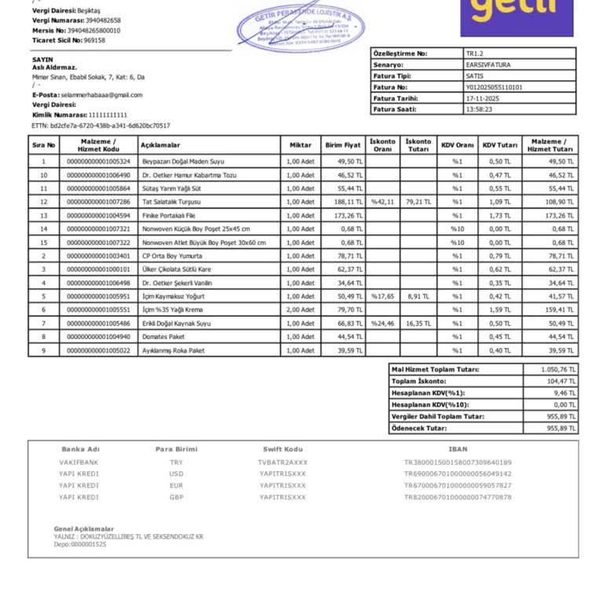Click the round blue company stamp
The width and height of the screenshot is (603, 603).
301,28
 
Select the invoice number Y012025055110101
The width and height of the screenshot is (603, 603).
494,87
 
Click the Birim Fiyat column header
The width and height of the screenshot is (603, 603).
342,145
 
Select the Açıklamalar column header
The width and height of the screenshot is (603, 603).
160,145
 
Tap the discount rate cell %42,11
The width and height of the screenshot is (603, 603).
382,202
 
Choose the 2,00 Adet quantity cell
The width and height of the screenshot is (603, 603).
300,309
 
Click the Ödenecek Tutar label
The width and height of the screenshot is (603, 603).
419,428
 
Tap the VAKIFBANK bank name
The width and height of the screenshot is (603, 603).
79,462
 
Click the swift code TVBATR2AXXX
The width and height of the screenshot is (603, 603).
283,462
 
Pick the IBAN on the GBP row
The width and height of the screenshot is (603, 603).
458,497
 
